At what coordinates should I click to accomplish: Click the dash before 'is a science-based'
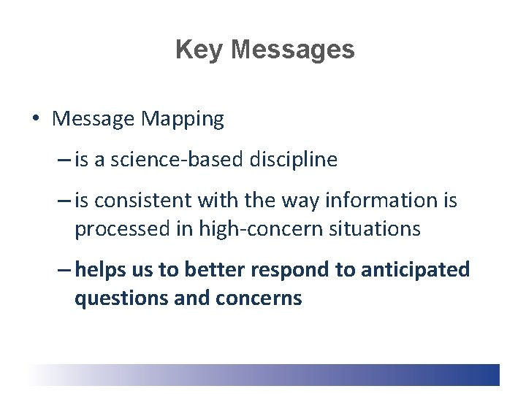63,160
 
